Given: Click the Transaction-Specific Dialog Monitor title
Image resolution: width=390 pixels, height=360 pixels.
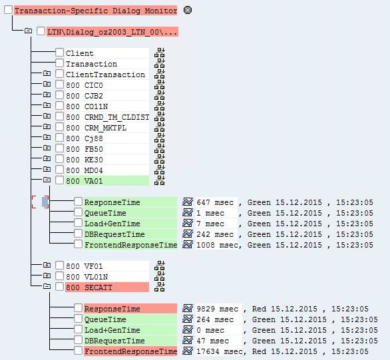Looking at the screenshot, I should pos(95,11).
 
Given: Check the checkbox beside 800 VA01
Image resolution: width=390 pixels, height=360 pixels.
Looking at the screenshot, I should pos(60,180).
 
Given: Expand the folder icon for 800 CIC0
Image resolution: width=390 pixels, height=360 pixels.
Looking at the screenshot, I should pos(47,85).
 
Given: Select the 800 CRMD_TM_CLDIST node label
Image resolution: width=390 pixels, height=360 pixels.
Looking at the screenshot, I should pos(107,117).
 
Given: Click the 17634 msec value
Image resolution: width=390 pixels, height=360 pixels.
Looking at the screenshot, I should pos(219,351).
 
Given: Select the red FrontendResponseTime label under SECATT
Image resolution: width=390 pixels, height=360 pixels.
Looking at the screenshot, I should pos(130,351).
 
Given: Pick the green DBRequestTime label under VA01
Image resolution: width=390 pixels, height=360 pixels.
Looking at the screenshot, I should pos(114,234).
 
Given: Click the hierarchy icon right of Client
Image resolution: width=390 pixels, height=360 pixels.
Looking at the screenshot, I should pos(160,53).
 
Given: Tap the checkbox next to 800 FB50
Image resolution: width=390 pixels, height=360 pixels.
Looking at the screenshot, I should pos(60,148).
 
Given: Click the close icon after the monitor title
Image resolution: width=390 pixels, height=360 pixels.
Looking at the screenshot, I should pos(187,11).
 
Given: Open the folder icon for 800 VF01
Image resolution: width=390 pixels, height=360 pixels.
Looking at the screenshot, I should pos(47,266).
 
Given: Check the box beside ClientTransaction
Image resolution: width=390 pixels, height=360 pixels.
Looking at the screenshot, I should pos(60,75).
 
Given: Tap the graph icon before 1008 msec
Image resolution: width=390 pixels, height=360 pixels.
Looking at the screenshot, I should pos(188,245).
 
